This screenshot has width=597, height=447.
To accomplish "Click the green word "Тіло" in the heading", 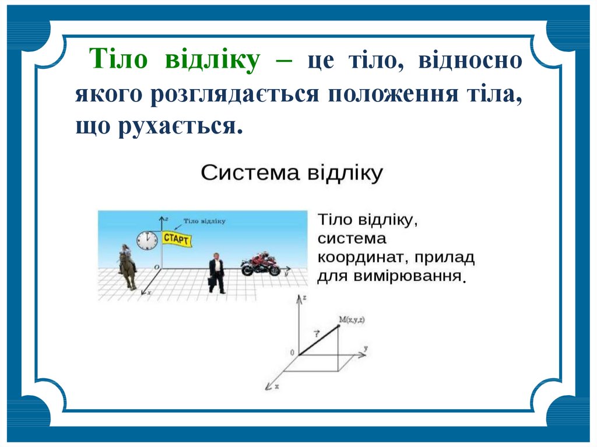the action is click(x=118, y=59).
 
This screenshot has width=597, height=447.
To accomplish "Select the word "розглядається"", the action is click(x=234, y=94).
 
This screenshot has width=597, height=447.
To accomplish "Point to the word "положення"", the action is click(x=394, y=94).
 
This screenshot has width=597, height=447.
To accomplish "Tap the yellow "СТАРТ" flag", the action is click(x=176, y=239).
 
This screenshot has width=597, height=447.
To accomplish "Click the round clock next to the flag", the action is click(x=147, y=241).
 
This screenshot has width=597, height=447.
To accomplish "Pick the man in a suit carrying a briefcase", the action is click(x=217, y=273).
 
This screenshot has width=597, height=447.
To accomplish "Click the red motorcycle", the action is click(x=261, y=263).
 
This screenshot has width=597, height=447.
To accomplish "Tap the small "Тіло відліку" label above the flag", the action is click(x=205, y=221).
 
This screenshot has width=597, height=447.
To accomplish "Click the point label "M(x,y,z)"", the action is click(x=352, y=320).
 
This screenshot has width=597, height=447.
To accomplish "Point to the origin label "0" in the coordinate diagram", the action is click(x=293, y=353).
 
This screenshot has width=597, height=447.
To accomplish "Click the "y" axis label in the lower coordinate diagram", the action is click(x=366, y=348).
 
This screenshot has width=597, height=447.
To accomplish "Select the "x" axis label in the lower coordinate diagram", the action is click(x=277, y=386).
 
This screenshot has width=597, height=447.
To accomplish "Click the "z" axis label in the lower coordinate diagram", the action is click(x=304, y=297).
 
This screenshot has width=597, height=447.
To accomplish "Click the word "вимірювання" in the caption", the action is click(x=408, y=276).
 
